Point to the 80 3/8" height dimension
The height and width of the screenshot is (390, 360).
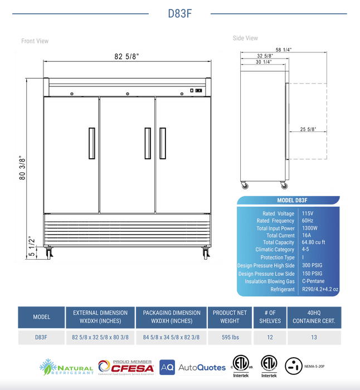tap(23, 168)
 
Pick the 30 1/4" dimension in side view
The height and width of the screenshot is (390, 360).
tap(264, 62)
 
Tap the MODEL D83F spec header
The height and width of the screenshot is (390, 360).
tap(293, 201)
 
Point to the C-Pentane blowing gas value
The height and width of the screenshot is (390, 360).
tap(314, 281)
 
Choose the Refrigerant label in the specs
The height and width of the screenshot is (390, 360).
tap(283, 289)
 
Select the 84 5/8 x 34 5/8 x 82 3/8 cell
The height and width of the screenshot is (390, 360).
tap(171, 337)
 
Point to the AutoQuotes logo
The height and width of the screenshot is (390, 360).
tap(193, 367)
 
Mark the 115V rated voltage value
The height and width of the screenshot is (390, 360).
tap(307, 213)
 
